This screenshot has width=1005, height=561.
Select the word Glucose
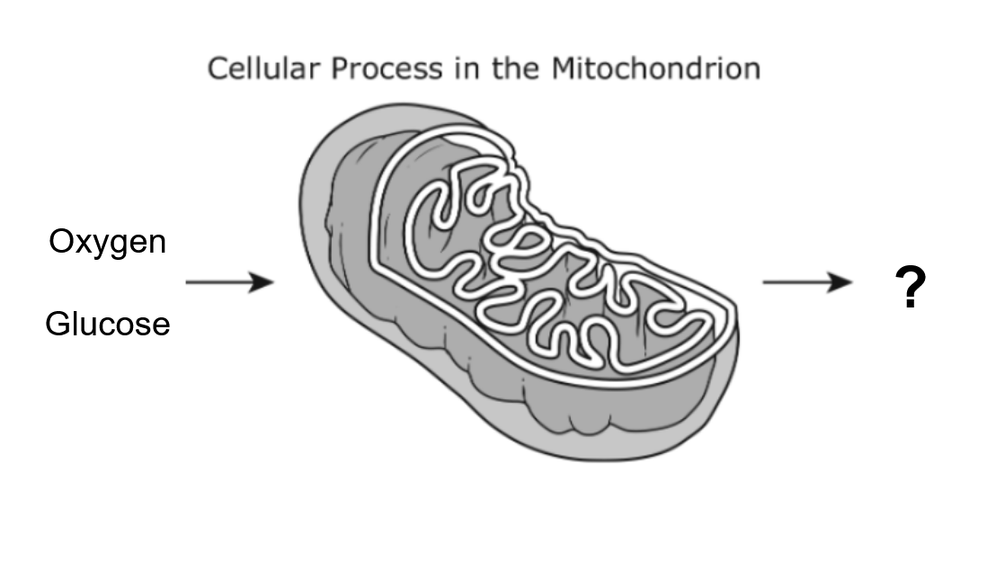[108, 324]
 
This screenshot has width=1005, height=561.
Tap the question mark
[910, 287]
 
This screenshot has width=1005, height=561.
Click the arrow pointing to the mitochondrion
[229, 282]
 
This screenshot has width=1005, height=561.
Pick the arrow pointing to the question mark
[807, 282]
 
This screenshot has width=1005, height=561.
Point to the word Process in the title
[387, 68]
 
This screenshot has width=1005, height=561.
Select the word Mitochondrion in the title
[656, 68]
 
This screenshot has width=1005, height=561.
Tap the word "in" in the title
[467, 68]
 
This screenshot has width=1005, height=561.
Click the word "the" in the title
[516, 68]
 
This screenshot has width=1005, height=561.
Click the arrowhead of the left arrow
[262, 282]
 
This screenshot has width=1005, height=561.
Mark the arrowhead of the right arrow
[840, 282]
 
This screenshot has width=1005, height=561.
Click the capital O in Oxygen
[62, 242]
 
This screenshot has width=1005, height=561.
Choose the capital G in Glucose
[59, 324]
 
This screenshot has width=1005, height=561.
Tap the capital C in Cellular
[218, 68]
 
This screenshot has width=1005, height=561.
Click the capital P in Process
[341, 68]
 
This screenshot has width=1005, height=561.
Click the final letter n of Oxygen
[158, 245]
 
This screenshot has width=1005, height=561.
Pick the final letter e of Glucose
[161, 327]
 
